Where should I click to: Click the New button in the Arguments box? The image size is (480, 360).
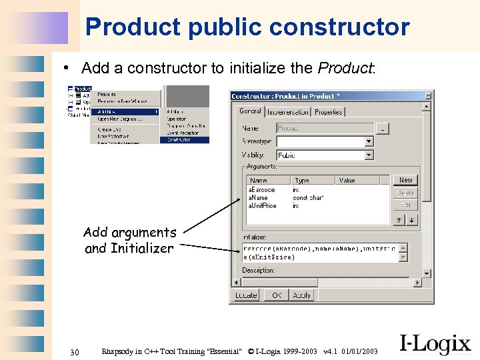[405, 180]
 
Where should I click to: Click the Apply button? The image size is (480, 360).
[302, 295]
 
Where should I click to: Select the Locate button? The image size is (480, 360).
[246, 295]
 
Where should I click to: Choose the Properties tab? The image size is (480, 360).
[328, 112]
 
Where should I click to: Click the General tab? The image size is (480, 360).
[250, 111]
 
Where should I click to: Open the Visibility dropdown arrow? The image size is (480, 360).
[369, 155]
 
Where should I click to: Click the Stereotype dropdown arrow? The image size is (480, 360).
[369, 141]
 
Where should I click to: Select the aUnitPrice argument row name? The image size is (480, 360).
[262, 206]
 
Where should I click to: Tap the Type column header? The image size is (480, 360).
[302, 181]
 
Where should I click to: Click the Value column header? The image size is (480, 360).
[347, 181]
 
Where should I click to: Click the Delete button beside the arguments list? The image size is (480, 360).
[405, 193]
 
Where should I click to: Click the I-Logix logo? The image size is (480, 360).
[435, 344]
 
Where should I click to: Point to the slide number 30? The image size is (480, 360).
[75, 352]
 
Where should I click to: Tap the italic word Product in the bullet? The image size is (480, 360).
[345, 68]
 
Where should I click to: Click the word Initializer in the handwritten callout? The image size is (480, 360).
[141, 249]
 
